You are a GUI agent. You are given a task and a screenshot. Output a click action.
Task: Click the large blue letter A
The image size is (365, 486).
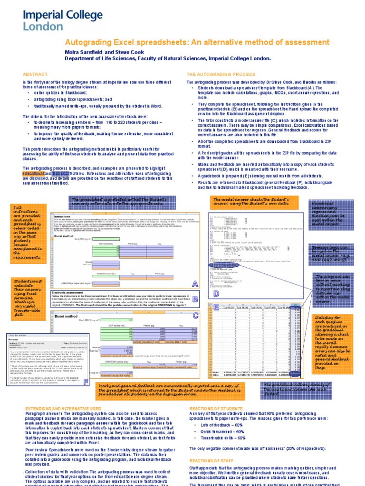coord(194,284)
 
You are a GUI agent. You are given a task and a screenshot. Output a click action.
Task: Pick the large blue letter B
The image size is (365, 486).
coord(195,299)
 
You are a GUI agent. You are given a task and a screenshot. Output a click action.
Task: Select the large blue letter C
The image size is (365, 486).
coord(195,315)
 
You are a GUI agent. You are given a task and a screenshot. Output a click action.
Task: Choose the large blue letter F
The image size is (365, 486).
coord(86,383)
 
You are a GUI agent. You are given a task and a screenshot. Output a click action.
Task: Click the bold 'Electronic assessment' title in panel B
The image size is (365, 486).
coord(71,293)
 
